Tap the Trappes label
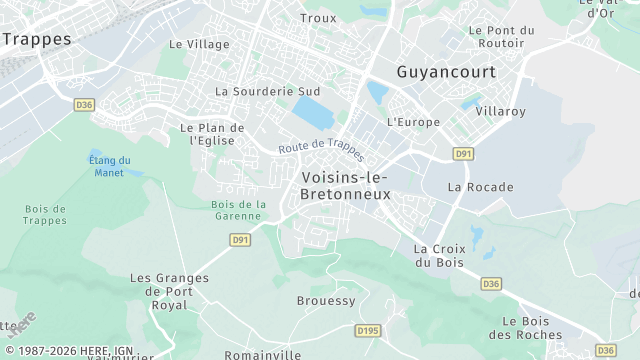coord(37,39)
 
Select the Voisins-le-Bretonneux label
coord(345,185)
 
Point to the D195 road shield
coord(368,330)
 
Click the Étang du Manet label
coord(110,166)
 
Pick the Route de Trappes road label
coord(322,148)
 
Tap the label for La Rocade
coord(480,187)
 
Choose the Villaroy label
coord(501,111)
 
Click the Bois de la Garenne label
coord(238,210)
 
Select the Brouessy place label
coord(326,301)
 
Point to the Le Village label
coord(199,44)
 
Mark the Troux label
coord(318,18)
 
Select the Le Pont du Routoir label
coord(501,37)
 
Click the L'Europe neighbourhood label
coord(413,122)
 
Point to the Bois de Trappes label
coord(45,214)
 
